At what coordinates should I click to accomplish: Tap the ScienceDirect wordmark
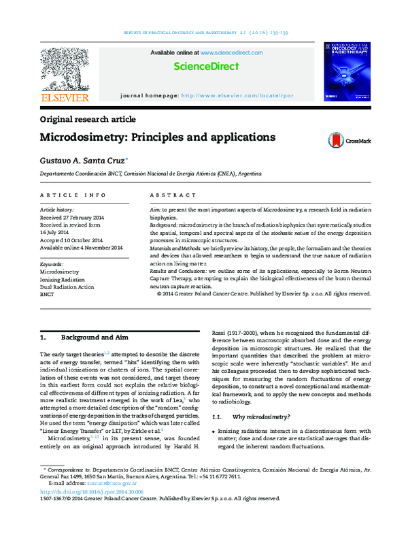pyautogui.click(x=207, y=66)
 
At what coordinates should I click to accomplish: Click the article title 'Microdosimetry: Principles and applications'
pyautogui.click(x=158, y=137)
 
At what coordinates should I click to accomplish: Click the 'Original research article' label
pyautogui.click(x=88, y=119)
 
